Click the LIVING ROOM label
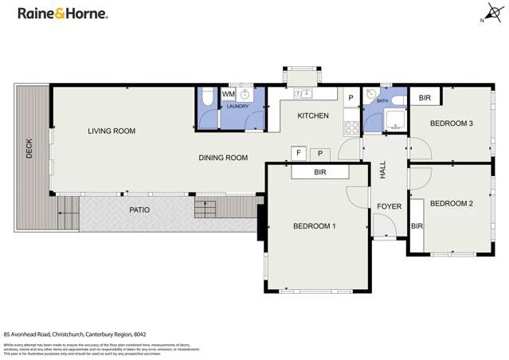[112, 131]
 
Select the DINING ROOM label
[223, 158]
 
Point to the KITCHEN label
[313, 116]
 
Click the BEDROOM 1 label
[314, 226]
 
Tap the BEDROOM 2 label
[452, 204]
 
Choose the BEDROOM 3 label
[452, 123]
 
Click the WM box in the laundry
[229, 95]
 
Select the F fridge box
[299, 152]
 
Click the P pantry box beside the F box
[320, 152]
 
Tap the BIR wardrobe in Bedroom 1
[320, 171]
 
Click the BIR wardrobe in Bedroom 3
[425, 98]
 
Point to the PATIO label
[140, 210]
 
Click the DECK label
[30, 148]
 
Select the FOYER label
[389, 207]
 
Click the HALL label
[383, 169]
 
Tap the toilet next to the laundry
[206, 98]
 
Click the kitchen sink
[303, 94]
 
